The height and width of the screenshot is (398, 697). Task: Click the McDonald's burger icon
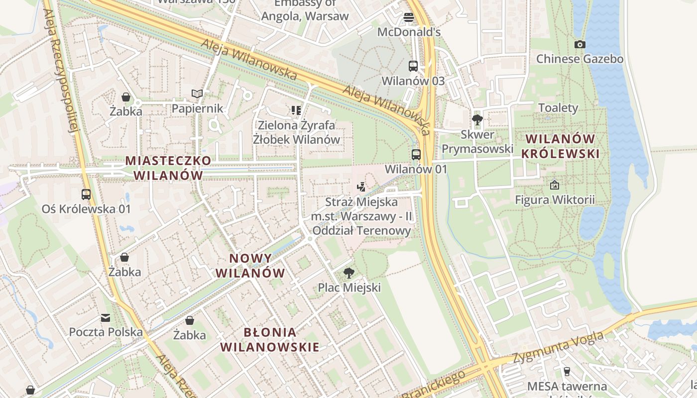[409, 17]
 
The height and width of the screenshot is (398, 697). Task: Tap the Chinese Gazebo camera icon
[580, 44]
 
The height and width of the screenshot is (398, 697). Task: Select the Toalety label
[558, 108]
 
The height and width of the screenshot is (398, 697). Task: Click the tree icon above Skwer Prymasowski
[477, 119]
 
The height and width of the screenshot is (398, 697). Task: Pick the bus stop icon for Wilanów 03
[413, 66]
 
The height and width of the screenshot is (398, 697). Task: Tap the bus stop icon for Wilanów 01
[416, 154]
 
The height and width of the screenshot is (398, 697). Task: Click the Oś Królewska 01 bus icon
[86, 194]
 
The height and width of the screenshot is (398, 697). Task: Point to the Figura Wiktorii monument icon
[555, 185]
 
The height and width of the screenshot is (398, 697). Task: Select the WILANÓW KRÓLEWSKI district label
[560, 146]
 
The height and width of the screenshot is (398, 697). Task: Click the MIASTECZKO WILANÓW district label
[168, 168]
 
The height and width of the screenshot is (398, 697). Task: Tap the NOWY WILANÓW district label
[250, 266]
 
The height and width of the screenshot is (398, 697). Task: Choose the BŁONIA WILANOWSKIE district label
[270, 340]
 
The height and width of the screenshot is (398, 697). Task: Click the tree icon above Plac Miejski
[349, 273]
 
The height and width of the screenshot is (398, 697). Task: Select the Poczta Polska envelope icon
[106, 317]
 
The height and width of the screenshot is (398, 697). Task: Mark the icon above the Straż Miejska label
[361, 187]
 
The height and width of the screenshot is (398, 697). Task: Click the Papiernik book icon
[197, 94]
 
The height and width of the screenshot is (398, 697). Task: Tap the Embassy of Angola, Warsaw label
[305, 10]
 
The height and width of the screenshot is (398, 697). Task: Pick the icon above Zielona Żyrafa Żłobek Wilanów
[296, 110]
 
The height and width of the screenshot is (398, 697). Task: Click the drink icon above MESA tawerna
[567, 371]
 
